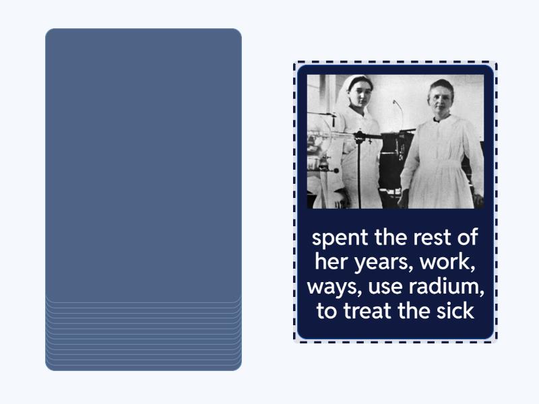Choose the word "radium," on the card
(x=447, y=288)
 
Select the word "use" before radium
(x=384, y=288)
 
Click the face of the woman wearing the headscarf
(x=356, y=93)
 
